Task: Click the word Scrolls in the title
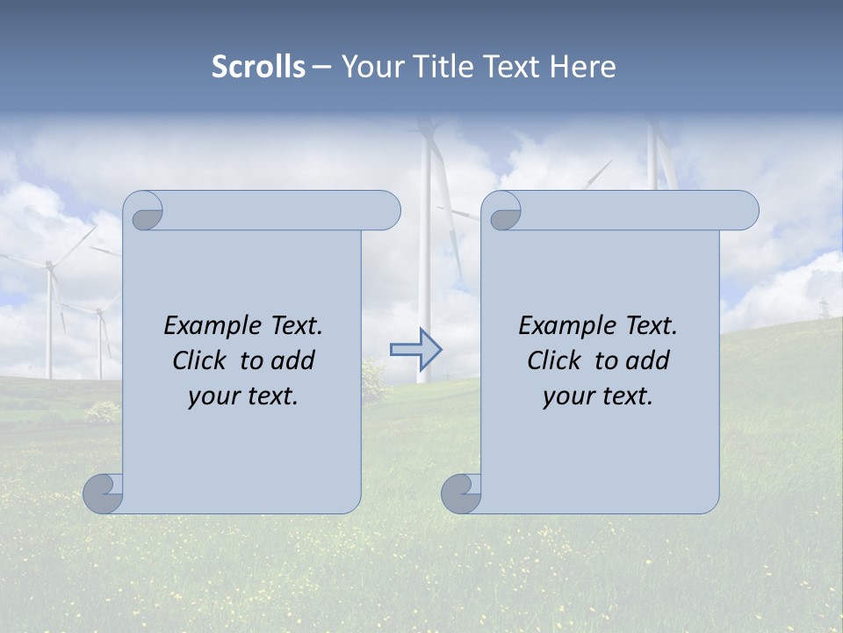click(x=259, y=67)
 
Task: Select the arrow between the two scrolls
click(x=415, y=349)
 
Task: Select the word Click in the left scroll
click(x=201, y=361)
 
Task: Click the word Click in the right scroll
click(x=554, y=361)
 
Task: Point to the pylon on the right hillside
click(x=823, y=309)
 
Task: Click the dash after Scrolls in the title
click(x=321, y=67)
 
